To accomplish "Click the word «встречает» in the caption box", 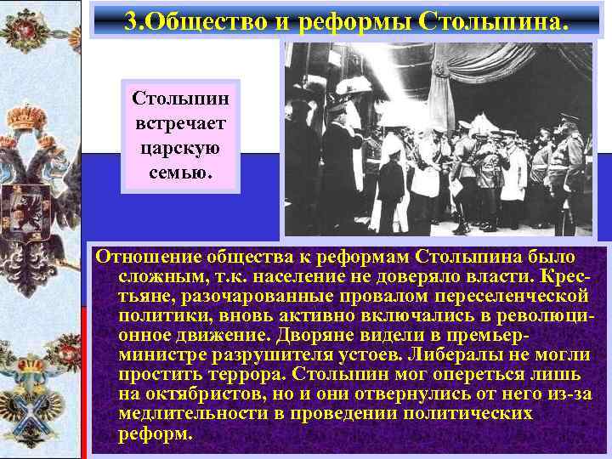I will coord(180,123).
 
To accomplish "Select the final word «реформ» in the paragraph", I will coord(152,433).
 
